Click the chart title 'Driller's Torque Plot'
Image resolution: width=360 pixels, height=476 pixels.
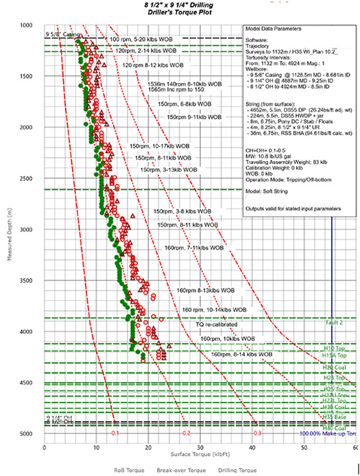(181, 13)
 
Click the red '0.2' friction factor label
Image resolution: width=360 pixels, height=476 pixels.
(185, 433)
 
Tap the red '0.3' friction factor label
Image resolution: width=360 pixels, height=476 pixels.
(256, 433)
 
